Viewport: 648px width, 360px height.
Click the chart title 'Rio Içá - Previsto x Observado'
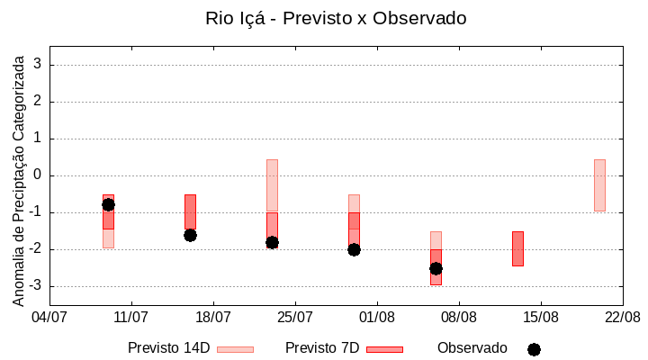tap(336, 18)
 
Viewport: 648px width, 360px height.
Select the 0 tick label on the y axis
tap(38, 175)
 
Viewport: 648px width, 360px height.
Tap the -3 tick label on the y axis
tap(34, 286)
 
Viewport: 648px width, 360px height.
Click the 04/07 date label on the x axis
tap(49, 317)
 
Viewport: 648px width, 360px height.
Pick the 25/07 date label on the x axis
tap(294, 317)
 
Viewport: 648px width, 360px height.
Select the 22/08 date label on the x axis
tap(622, 317)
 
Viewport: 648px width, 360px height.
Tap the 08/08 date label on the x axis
tap(458, 317)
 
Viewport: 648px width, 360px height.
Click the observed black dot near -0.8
tap(108, 204)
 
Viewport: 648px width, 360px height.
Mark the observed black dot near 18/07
tap(190, 235)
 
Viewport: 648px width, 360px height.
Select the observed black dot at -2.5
tap(436, 268)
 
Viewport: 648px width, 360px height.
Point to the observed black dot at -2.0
tap(354, 249)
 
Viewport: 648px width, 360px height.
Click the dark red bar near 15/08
tap(517, 248)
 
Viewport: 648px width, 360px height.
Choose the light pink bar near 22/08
tap(599, 185)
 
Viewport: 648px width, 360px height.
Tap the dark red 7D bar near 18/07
tap(190, 212)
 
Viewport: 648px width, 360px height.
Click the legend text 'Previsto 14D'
tap(168, 348)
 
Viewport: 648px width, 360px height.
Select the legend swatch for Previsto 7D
tap(384, 349)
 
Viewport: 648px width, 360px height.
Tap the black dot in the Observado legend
tap(534, 349)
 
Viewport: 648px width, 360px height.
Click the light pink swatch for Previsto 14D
tap(235, 349)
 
